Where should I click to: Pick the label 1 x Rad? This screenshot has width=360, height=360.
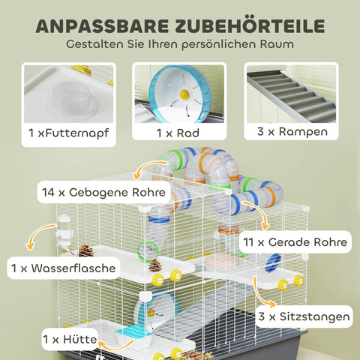click(178, 133)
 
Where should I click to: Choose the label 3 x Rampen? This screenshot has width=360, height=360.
click(290, 133)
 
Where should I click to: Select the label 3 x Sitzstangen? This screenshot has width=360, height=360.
click(302, 317)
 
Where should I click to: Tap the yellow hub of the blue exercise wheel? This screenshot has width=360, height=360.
click(184, 95)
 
